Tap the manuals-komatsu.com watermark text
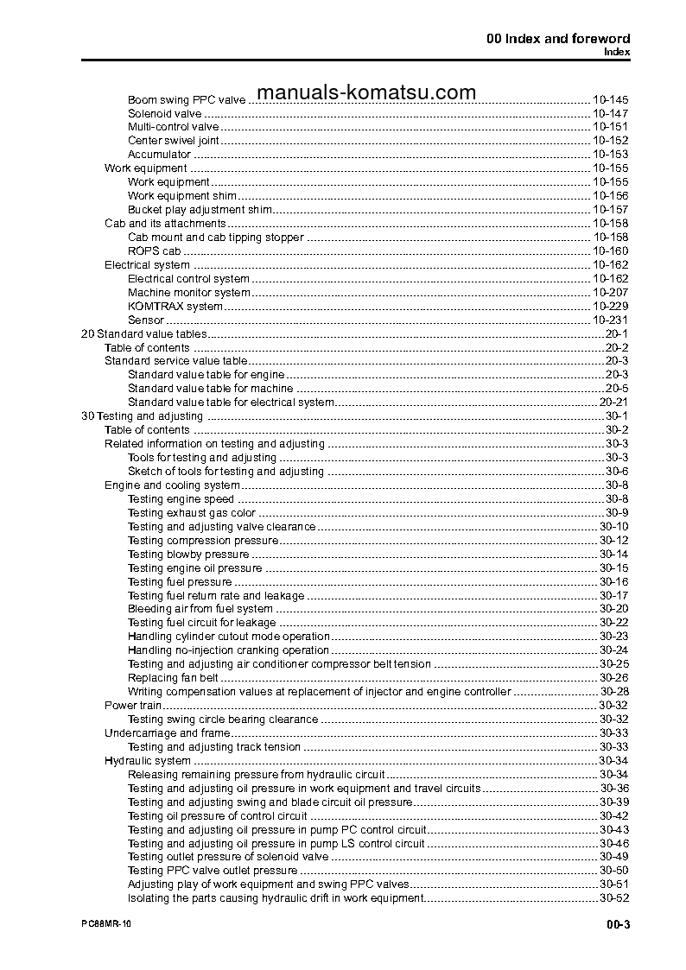tap(366, 92)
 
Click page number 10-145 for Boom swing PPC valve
tap(610, 100)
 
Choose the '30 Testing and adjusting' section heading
tap(142, 416)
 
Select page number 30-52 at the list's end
tap(613, 898)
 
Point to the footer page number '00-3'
tap(618, 926)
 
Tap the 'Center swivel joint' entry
tap(173, 141)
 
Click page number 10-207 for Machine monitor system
tap(610, 293)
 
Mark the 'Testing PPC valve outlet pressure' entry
tap(213, 871)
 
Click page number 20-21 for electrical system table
tap(613, 403)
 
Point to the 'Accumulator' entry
tap(159, 155)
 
